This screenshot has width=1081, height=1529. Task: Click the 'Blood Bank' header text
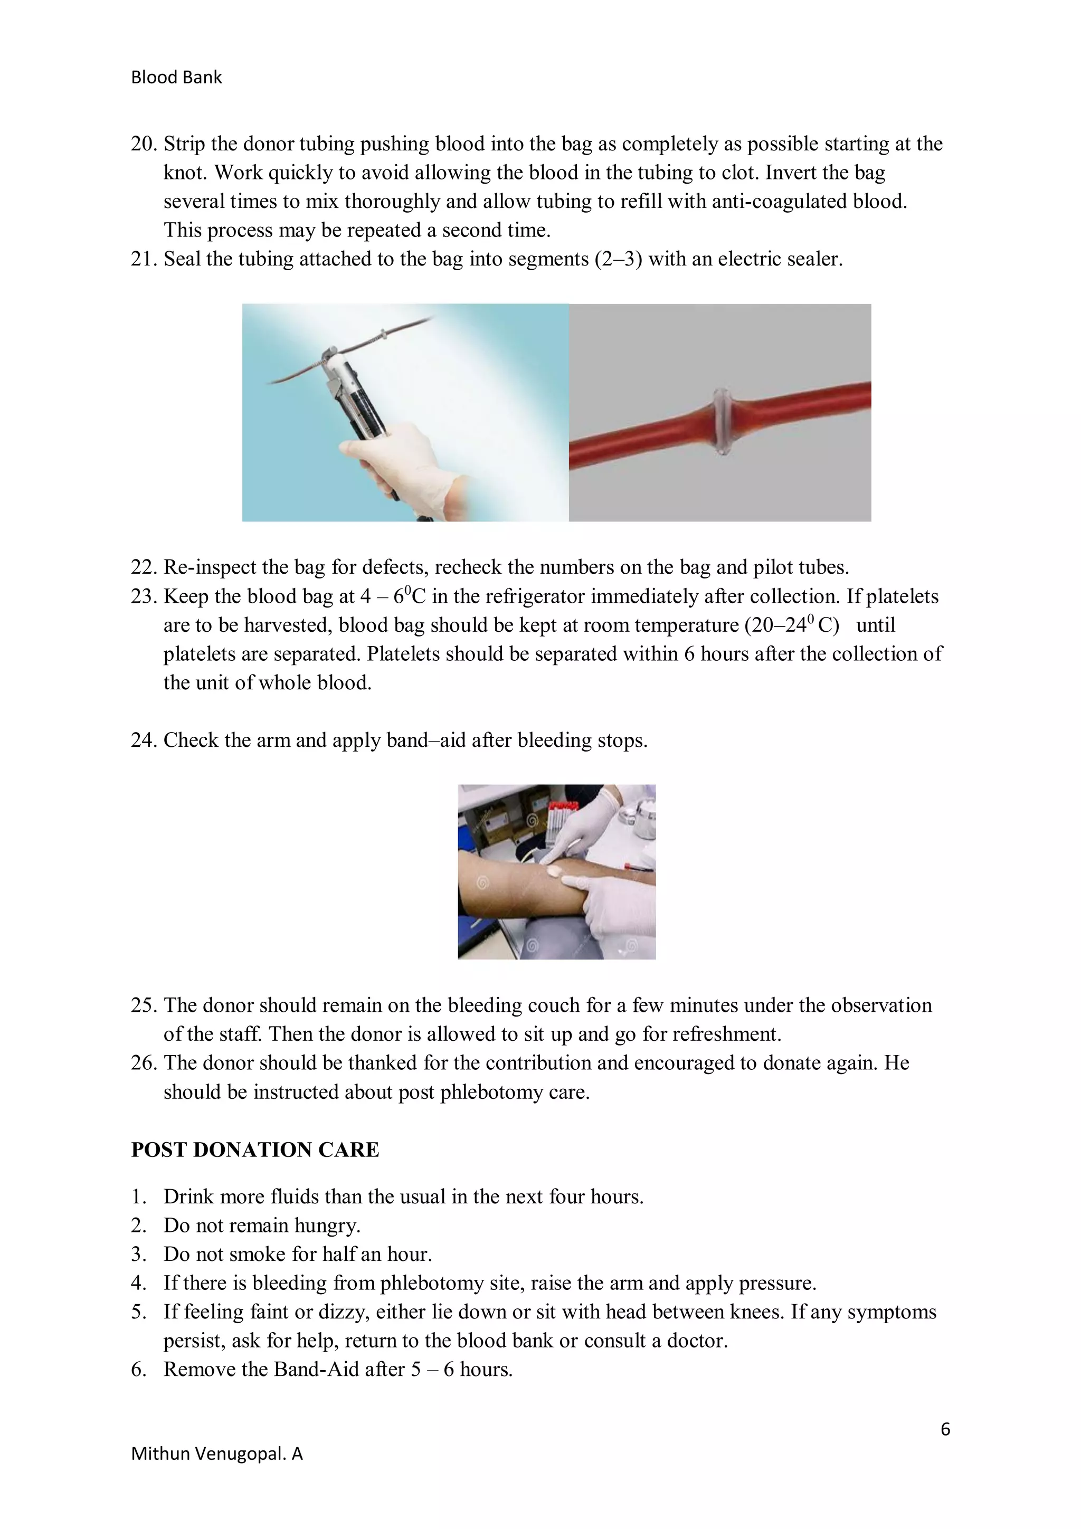[x=176, y=77]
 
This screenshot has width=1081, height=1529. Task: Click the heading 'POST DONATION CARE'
[x=254, y=1150]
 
